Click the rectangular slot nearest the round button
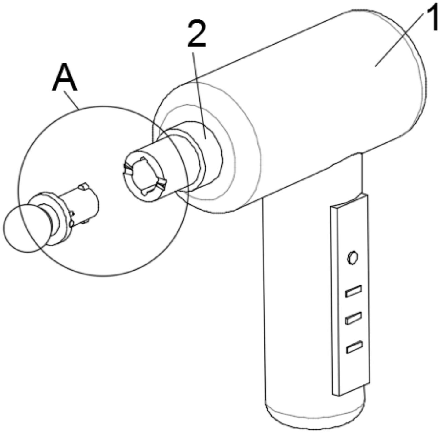[x=353, y=291]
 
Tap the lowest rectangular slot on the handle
[x=354, y=347]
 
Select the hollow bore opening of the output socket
[x=144, y=177]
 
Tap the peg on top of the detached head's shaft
[x=83, y=186]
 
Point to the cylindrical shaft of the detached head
[x=84, y=204]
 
